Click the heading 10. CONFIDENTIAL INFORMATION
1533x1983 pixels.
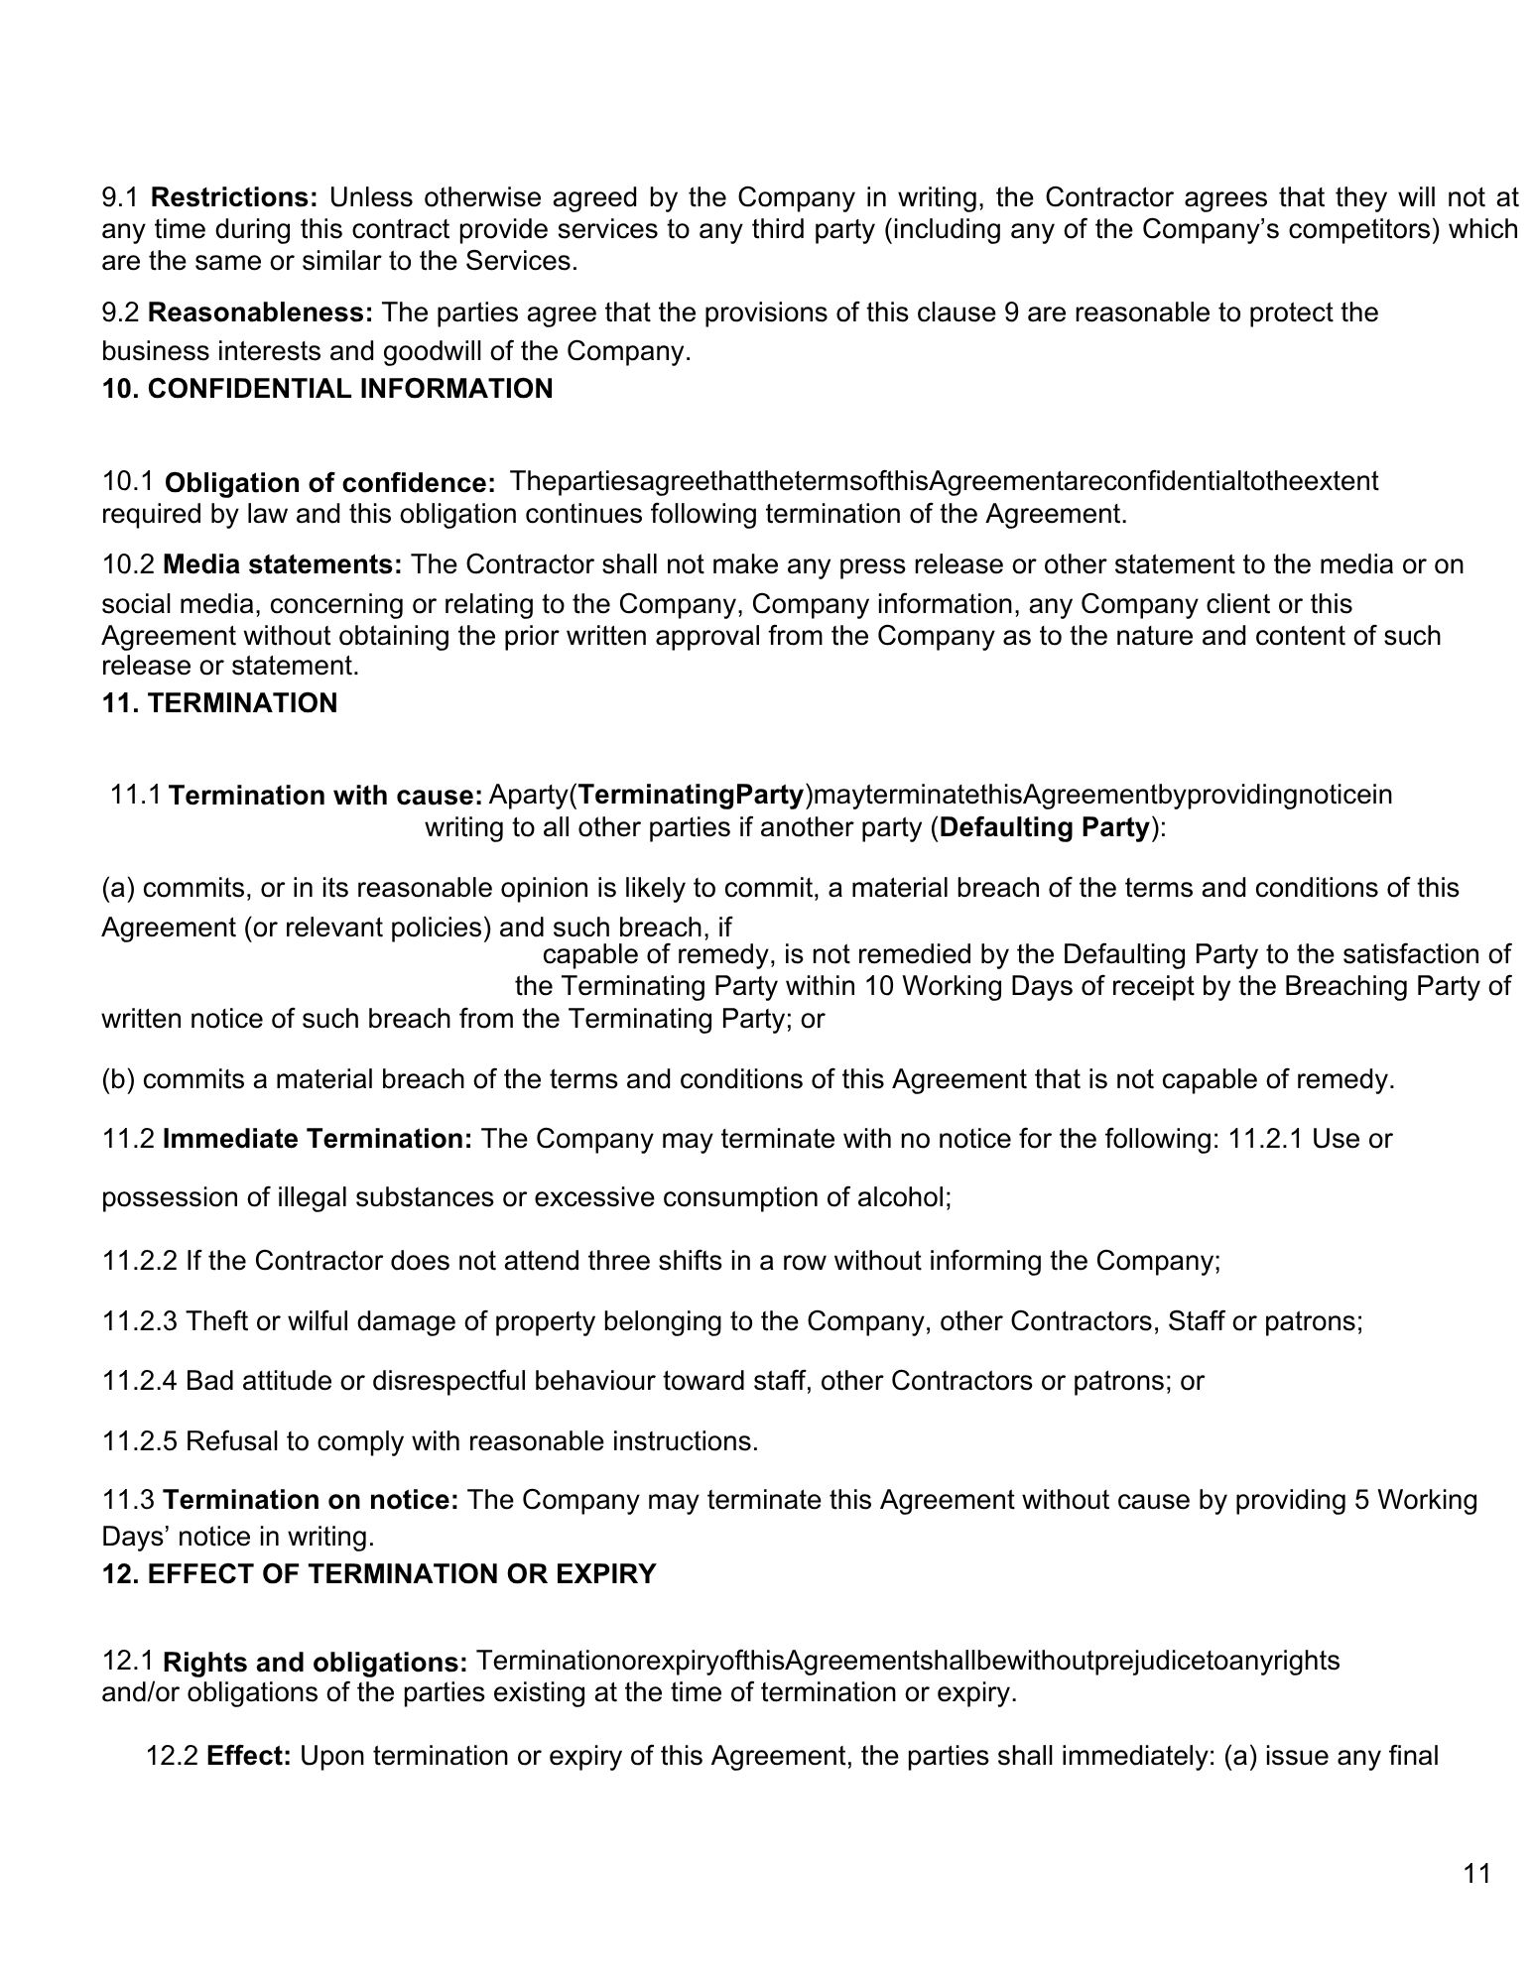[327, 389]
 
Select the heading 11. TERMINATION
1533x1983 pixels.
[219, 703]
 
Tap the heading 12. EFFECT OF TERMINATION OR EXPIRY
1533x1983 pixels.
[379, 1574]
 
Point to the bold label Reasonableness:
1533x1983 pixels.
[261, 313]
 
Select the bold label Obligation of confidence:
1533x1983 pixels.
[330, 484]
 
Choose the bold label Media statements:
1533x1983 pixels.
[283, 565]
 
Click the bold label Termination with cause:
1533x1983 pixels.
[326, 796]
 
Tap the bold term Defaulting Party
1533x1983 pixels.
[1045, 827]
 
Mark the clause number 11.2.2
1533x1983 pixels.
[140, 1261]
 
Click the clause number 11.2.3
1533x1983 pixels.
[140, 1321]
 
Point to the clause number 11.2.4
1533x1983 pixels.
[140, 1381]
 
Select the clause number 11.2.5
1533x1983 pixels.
[140, 1441]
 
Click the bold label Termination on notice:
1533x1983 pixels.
[311, 1500]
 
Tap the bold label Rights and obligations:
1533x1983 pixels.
[316, 1663]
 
